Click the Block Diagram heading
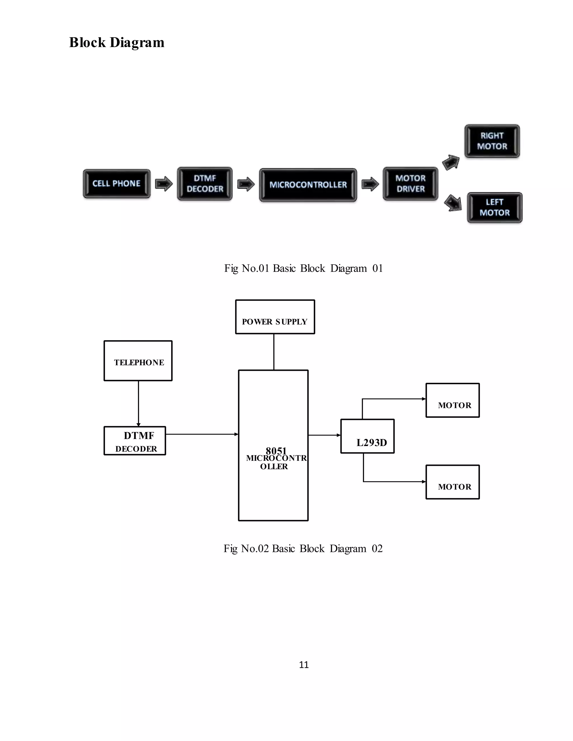tap(116, 43)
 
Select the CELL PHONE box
tap(116, 183)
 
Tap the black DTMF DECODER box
tap(205, 183)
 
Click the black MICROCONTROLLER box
tap(308, 185)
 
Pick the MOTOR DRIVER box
tap(410, 183)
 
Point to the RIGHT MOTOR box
tap(492, 141)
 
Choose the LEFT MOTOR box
tap(495, 207)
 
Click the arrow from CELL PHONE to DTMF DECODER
tap(164, 184)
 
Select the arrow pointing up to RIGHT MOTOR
tap(451, 162)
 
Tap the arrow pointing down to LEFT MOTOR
tap(453, 203)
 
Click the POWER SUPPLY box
tap(275, 317)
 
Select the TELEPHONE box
tap(138, 361)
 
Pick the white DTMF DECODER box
tap(135, 441)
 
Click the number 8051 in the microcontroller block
tap(276, 450)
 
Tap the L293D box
tap(367, 436)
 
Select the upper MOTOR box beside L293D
tap(452, 400)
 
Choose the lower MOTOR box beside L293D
tap(452, 482)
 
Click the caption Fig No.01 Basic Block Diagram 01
tap(304, 268)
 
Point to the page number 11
tap(304, 665)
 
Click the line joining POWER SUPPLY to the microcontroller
tap(274, 352)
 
